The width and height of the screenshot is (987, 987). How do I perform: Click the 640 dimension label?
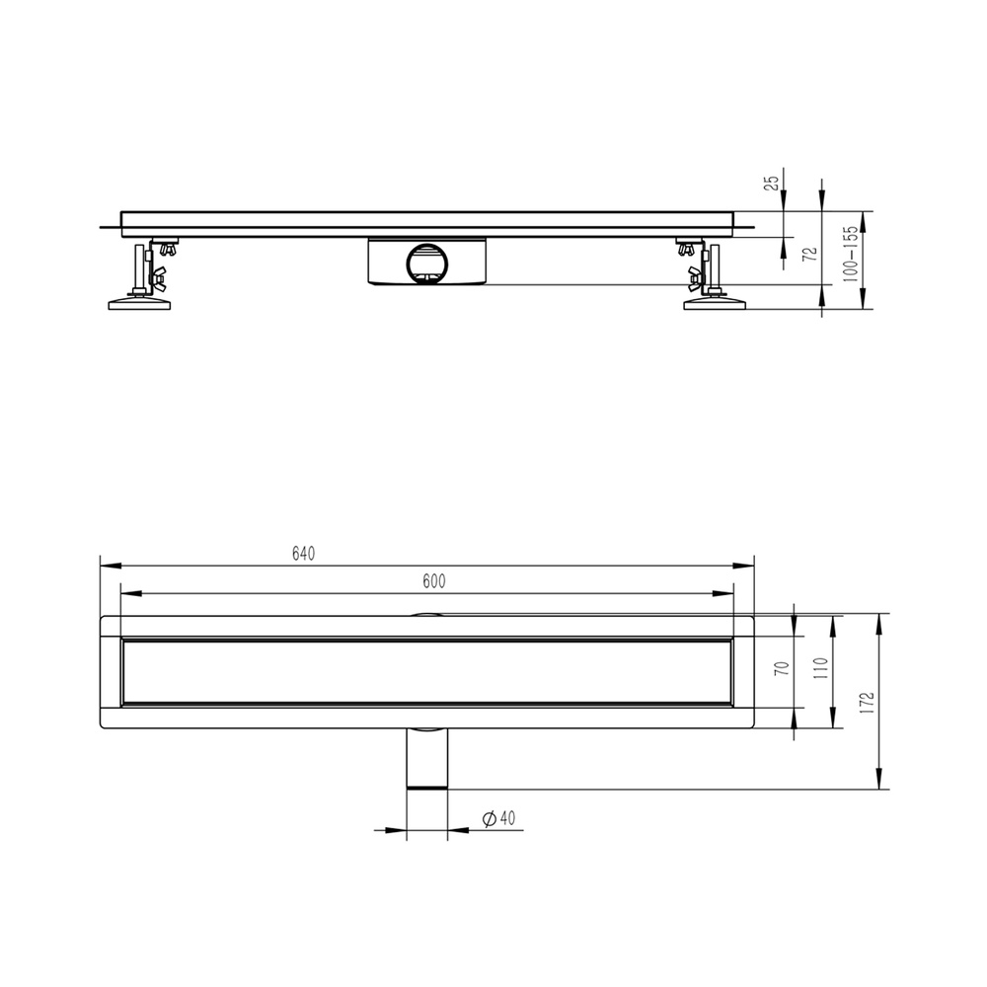tap(303, 554)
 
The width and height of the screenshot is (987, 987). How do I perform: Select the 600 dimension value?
tap(433, 581)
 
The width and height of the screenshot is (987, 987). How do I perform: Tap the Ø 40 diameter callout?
tap(498, 818)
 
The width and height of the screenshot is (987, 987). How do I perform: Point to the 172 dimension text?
tap(868, 703)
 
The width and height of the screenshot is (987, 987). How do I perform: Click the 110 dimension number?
tap(819, 668)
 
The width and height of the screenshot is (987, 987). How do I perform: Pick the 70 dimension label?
tap(783, 668)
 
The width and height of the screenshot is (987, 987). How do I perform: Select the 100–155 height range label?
tap(850, 254)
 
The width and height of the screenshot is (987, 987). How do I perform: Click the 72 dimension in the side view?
tap(811, 254)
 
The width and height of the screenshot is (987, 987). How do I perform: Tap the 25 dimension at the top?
tap(771, 183)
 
